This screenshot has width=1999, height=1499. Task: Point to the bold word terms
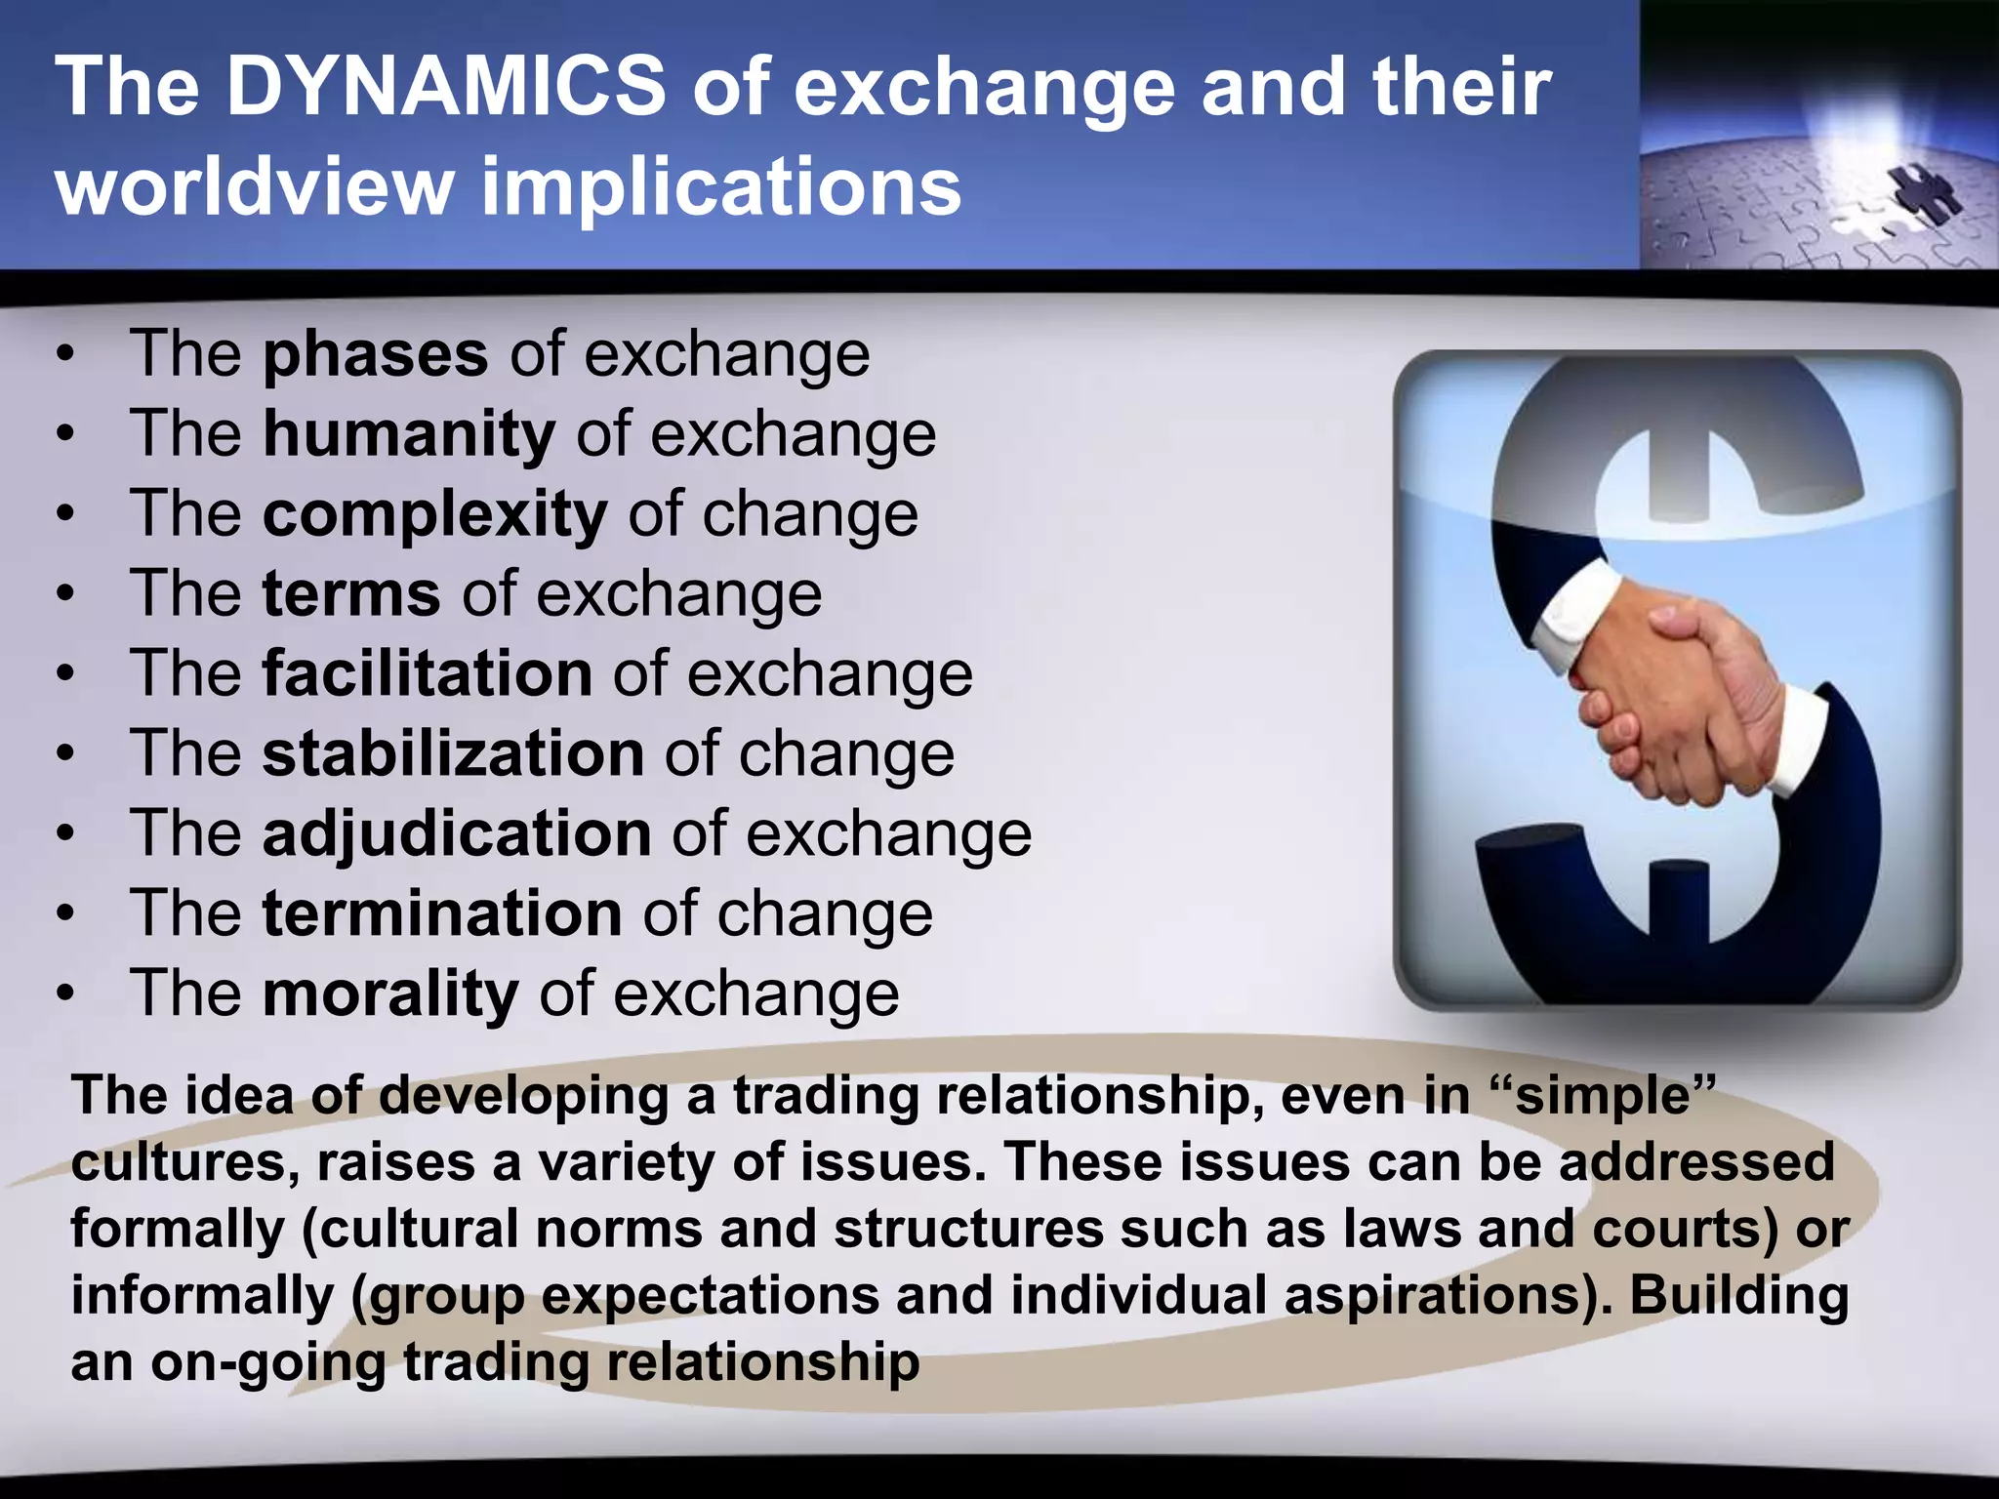coord(351,593)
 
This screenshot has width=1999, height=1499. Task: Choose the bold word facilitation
coord(427,673)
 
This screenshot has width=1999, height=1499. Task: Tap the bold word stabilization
coord(453,753)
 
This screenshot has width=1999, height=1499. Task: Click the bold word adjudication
coord(457,833)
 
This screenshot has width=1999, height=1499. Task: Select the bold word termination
coord(442,913)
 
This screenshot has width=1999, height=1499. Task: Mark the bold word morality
coord(390,993)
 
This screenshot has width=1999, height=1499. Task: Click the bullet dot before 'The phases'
coord(64,355)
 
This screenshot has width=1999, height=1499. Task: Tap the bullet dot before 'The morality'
coord(64,995)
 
